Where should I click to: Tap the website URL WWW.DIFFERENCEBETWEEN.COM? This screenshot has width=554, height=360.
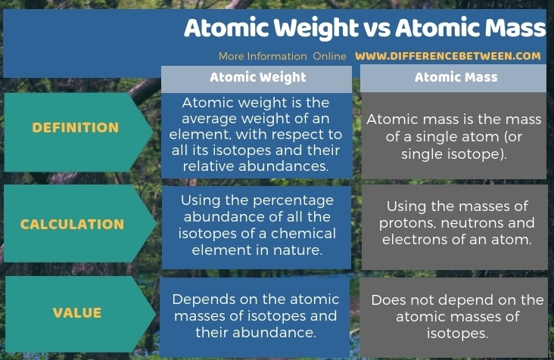pyautogui.click(x=447, y=56)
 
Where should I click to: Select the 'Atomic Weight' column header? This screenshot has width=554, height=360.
pyautogui.click(x=258, y=78)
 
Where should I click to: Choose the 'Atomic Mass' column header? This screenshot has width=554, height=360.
pyautogui.click(x=456, y=77)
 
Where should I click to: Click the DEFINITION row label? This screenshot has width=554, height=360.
pyautogui.click(x=76, y=128)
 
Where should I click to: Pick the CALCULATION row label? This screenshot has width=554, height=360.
pyautogui.click(x=72, y=225)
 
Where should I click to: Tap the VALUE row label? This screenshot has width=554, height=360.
pyautogui.click(x=77, y=313)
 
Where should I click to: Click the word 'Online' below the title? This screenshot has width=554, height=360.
pyautogui.click(x=330, y=57)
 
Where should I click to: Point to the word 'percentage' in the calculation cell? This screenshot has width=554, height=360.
pyautogui.click(x=293, y=201)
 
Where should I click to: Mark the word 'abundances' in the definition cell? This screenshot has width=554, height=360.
pyautogui.click(x=284, y=166)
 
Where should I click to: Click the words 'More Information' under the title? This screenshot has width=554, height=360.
pyautogui.click(x=263, y=57)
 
